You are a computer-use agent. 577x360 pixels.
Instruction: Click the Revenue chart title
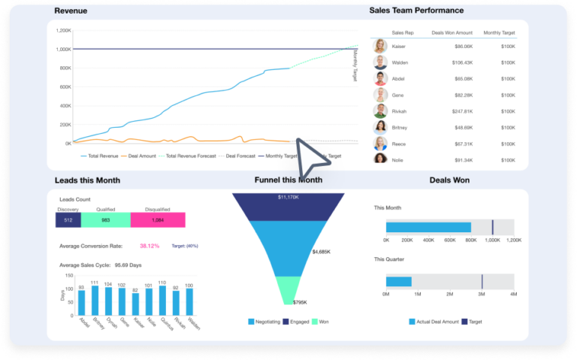coord(71,11)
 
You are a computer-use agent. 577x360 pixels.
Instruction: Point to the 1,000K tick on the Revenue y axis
coord(63,50)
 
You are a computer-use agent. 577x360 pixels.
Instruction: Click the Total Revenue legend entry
coord(102,156)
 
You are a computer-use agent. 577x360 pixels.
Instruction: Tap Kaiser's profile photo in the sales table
coord(380,46)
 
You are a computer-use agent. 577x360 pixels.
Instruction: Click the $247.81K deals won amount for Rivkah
coord(458,111)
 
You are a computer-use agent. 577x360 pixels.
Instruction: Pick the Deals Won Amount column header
coord(452,33)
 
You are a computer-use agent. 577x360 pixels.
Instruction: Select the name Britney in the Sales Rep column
coord(400,127)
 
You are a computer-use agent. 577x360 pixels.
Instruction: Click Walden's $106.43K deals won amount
coord(458,62)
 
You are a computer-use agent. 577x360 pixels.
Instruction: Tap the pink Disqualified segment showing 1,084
coord(158,219)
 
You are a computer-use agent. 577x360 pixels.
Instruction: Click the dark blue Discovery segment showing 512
coord(68,219)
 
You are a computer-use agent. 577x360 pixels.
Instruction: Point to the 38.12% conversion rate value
coord(149,246)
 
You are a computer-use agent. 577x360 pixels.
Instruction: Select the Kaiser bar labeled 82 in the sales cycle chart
coord(135,304)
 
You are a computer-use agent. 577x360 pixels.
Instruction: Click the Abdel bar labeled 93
coord(81,302)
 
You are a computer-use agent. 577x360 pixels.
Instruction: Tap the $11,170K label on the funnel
coord(288,197)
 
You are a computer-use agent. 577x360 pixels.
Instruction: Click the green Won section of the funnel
coord(287,289)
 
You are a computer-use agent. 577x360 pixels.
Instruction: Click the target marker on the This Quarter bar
coord(482,282)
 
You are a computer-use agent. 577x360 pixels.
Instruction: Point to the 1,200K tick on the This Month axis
coord(514,241)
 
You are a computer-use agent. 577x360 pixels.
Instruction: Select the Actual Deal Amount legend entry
coord(435,322)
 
